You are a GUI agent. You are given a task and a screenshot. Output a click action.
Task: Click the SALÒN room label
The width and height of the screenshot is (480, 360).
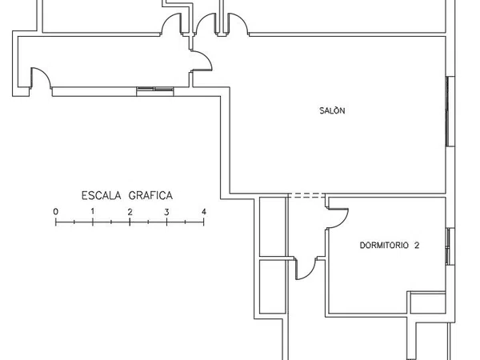click(332, 110)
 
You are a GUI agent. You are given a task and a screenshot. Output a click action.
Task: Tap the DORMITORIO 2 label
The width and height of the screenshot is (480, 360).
click(390, 246)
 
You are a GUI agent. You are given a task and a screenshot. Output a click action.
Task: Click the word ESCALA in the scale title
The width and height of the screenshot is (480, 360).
click(102, 196)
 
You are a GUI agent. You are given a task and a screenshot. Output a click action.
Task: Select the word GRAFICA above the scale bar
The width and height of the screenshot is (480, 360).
click(150, 196)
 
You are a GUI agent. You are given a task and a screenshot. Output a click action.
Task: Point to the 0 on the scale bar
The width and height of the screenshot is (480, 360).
click(56, 211)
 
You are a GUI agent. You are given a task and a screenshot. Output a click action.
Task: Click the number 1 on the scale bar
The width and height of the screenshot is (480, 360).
click(93, 211)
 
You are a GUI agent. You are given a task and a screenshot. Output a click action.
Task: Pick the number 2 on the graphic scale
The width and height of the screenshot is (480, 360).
click(130, 212)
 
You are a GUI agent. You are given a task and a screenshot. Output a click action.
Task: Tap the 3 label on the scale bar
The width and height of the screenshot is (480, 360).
click(166, 212)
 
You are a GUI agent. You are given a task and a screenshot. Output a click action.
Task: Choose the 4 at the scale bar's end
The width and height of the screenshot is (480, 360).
click(204, 211)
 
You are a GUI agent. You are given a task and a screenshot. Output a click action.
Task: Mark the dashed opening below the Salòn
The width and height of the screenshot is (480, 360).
click(306, 195)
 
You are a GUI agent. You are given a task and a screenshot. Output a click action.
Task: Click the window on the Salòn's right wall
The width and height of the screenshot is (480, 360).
click(450, 111)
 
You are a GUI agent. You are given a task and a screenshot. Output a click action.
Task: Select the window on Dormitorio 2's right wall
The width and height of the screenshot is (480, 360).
click(450, 246)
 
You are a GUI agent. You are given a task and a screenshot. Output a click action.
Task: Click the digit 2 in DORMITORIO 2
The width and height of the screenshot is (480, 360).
click(417, 246)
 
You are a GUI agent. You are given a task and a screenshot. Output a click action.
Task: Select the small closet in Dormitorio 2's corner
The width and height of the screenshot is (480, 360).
click(428, 302)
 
